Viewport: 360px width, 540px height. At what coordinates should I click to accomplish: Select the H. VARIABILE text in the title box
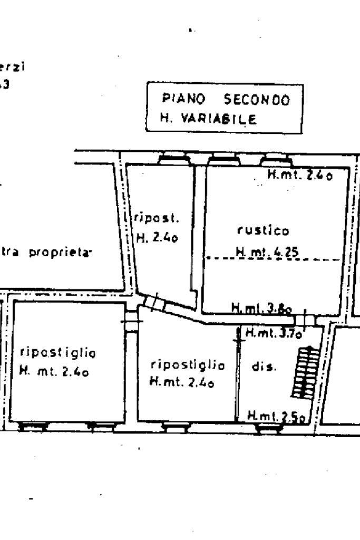tap(209, 119)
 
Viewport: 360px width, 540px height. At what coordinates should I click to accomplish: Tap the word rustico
tap(256, 230)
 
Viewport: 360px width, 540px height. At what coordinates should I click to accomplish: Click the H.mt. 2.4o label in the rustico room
tap(300, 176)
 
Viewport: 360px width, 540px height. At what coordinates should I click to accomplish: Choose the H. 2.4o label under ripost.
tap(158, 238)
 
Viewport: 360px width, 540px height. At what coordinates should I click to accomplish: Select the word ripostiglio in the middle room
tap(187, 365)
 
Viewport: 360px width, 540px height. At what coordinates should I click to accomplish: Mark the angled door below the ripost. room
tap(154, 302)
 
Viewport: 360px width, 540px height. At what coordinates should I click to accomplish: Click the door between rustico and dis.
tap(305, 320)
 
